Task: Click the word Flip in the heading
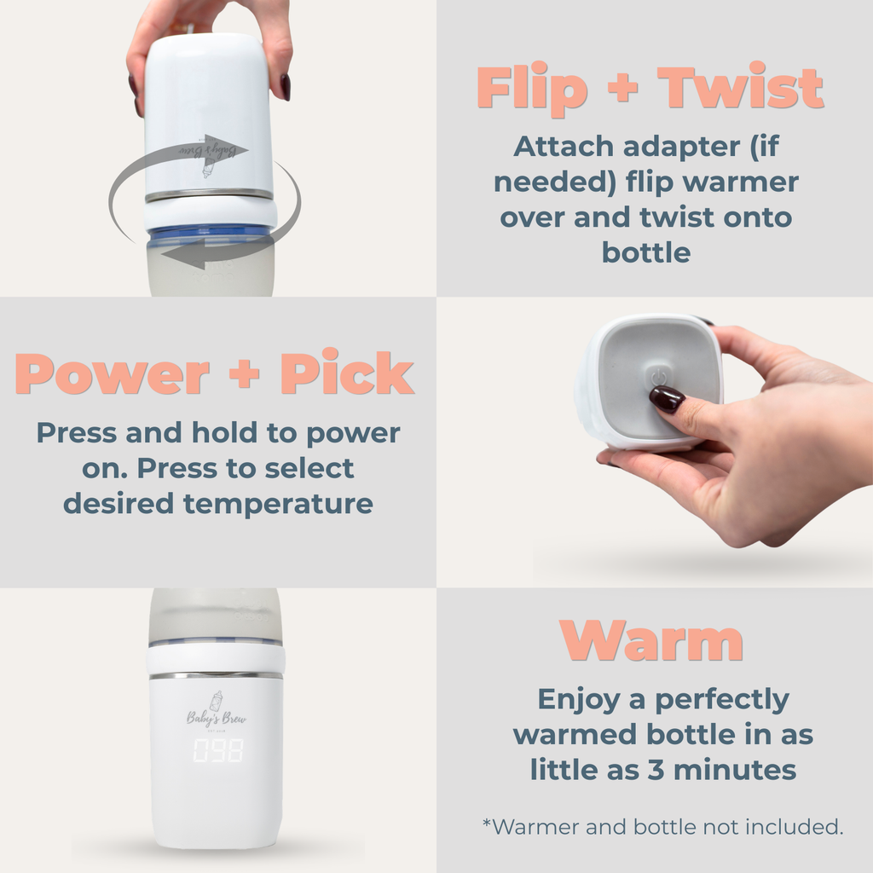[x=532, y=89]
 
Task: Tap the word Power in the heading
[x=113, y=374]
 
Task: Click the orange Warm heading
[x=651, y=640]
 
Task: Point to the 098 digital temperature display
[x=217, y=750]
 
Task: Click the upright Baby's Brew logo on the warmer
[x=217, y=714]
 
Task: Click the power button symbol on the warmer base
[x=659, y=378]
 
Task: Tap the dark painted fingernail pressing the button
[x=666, y=398]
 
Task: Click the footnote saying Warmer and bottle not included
[x=662, y=826]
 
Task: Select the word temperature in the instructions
[x=278, y=503]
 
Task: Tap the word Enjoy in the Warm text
[x=578, y=699]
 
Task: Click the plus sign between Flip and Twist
[x=622, y=89]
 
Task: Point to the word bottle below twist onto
[x=645, y=252]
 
